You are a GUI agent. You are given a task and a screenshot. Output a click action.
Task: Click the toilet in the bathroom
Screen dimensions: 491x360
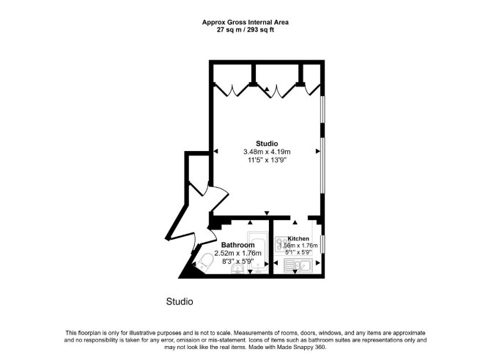(x=204, y=262)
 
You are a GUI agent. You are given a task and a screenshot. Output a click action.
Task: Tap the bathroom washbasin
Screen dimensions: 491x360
(x=237, y=269)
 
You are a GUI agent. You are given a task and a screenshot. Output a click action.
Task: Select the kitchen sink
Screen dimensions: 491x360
(x=298, y=265)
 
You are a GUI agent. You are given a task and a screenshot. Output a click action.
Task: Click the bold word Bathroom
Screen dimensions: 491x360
(x=238, y=245)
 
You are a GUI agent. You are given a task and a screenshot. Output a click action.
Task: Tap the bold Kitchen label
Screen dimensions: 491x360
(x=298, y=239)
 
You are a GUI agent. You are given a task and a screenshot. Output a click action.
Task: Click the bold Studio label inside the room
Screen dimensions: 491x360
(x=267, y=144)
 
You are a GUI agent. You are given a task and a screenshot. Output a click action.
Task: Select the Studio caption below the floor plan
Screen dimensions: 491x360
(x=180, y=302)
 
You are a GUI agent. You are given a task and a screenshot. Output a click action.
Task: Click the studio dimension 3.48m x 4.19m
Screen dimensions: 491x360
(x=267, y=152)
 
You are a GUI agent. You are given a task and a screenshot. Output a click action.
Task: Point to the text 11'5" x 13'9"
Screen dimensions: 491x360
(x=267, y=160)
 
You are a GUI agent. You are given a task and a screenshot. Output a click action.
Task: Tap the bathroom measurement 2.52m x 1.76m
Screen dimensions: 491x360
(x=238, y=253)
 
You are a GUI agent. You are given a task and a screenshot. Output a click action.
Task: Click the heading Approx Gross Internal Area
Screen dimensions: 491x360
(x=245, y=22)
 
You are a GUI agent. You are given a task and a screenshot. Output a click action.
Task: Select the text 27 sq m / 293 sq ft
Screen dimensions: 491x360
(x=245, y=30)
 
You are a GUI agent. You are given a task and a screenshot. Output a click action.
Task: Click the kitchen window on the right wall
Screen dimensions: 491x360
(x=323, y=243)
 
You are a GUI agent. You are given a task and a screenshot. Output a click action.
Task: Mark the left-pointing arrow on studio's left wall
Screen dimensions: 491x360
(x=215, y=152)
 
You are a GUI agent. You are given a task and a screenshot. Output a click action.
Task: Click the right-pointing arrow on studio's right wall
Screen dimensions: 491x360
(x=318, y=152)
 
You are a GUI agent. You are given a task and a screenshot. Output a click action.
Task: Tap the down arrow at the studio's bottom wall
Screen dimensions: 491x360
(x=267, y=213)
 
